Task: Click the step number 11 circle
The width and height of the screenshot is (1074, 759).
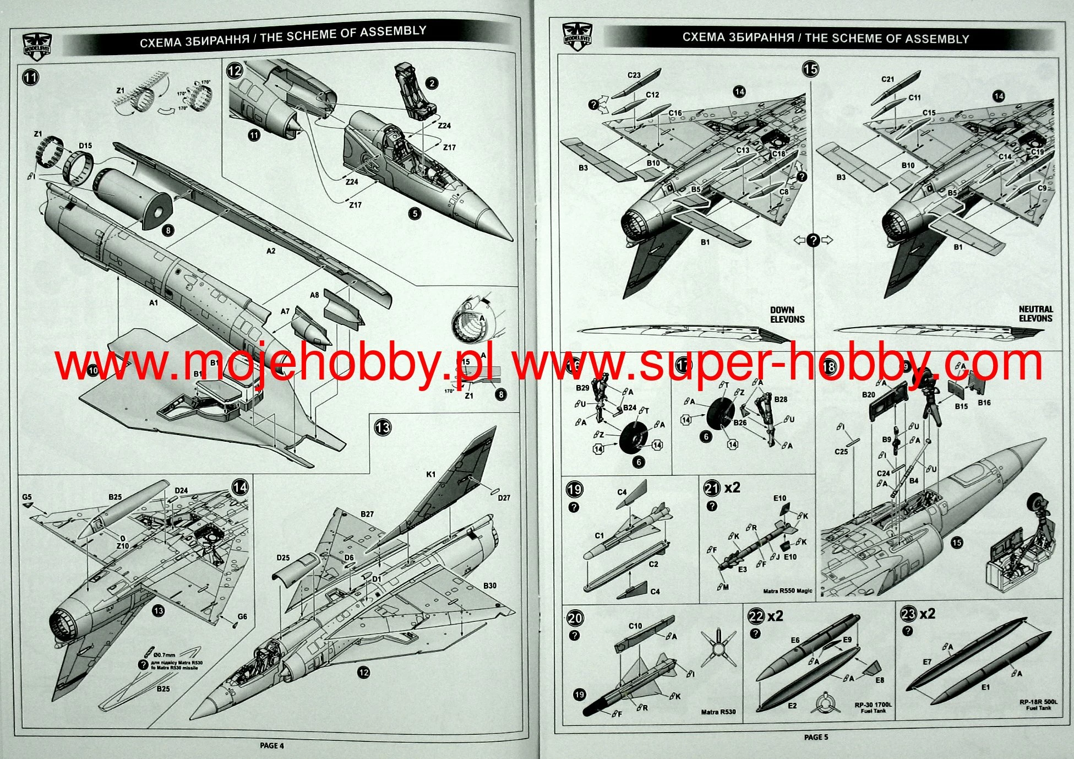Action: click(30, 77)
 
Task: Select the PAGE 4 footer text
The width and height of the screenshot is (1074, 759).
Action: click(272, 746)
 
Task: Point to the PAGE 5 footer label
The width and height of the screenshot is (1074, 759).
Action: click(816, 737)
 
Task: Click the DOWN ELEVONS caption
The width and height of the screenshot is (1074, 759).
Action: click(787, 315)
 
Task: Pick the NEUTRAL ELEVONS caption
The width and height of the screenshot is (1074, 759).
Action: click(1035, 314)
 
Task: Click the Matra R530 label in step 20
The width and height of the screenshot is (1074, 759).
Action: click(718, 712)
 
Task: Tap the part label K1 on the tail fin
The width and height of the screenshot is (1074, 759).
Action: click(430, 474)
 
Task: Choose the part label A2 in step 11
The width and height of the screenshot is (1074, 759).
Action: click(270, 251)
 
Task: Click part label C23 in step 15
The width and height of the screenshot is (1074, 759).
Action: click(634, 75)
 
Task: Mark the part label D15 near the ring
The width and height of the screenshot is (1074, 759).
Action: click(85, 146)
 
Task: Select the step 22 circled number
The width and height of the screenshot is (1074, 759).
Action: click(755, 615)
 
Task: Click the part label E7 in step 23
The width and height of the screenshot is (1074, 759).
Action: click(927, 662)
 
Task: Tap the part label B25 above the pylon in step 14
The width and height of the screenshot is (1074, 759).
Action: click(115, 497)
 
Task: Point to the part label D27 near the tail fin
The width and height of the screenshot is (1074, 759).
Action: click(504, 497)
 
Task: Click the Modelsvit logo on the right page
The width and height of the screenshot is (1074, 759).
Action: click(576, 36)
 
